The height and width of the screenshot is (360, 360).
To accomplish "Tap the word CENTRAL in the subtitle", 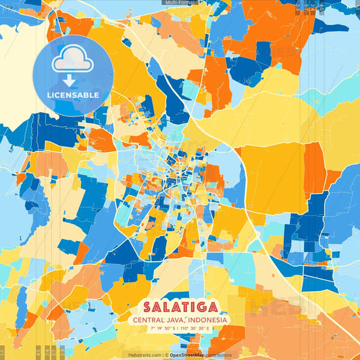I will click(x=152, y=319).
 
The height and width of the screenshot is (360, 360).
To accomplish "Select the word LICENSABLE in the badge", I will click(x=72, y=95).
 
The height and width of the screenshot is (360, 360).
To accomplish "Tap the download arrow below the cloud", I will click(x=72, y=80).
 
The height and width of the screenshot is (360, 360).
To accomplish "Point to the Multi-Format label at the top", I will click(x=180, y=3).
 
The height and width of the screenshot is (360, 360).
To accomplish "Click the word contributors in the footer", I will click(x=217, y=355).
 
